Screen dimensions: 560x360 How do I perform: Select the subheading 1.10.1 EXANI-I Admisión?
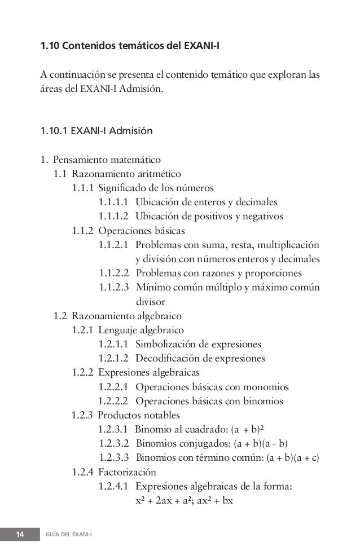pyautogui.click(x=96, y=132)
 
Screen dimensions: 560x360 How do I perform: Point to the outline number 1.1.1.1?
pyautogui.click(x=114, y=201)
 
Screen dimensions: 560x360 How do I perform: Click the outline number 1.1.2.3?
pyautogui.click(x=114, y=287)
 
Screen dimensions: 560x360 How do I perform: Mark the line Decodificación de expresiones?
pyautogui.click(x=200, y=358)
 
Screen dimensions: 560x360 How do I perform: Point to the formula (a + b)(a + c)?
pyautogui.click(x=292, y=457)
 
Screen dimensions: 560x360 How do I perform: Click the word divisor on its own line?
pyautogui.click(x=150, y=301)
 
